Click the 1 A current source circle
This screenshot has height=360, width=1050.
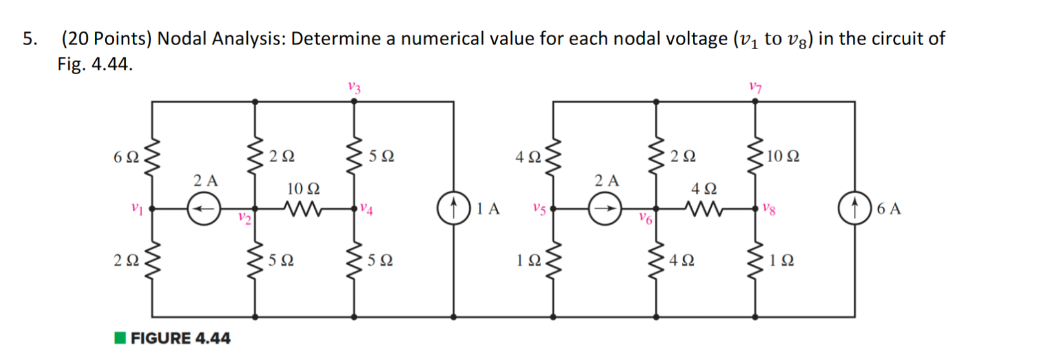tap(454, 209)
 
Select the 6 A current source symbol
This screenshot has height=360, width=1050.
tap(854, 209)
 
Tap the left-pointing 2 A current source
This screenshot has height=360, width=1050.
tap(204, 209)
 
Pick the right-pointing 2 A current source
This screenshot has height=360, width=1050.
tap(605, 209)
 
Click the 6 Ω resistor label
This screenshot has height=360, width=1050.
tap(125, 157)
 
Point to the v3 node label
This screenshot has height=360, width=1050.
tap(354, 86)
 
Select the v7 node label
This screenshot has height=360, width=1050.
tap(755, 86)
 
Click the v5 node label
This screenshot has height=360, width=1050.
tap(539, 209)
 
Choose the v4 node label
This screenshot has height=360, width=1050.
tap(367, 208)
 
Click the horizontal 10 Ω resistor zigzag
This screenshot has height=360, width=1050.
tap(303, 209)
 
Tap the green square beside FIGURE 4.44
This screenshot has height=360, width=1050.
tap(120, 337)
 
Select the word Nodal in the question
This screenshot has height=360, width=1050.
tap(182, 39)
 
